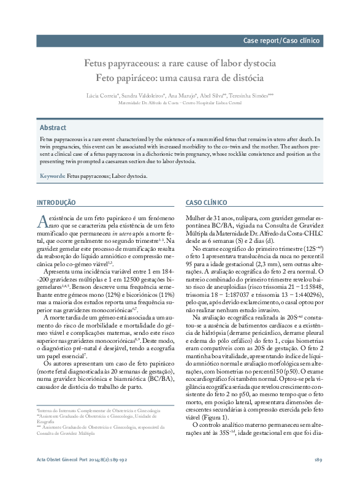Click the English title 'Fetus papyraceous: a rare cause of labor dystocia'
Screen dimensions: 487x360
(x=180, y=63)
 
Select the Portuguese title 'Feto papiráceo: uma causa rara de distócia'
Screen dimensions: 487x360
(x=180, y=79)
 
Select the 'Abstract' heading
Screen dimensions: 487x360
(x=53, y=128)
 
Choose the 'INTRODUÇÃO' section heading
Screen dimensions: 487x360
(x=56, y=202)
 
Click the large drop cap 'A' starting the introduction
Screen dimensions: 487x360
(x=42, y=221)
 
